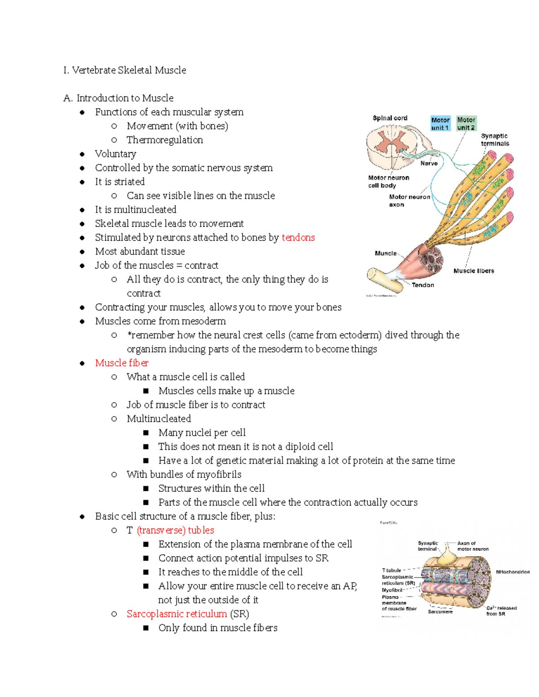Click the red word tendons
click(x=298, y=237)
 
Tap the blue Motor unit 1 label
click(x=440, y=124)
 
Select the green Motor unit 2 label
click(x=466, y=124)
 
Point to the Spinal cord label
click(x=390, y=118)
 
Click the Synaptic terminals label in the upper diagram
click(x=495, y=140)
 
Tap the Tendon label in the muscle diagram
click(x=423, y=285)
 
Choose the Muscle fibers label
click(x=473, y=271)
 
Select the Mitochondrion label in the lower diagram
click(x=512, y=572)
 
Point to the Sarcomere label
click(x=440, y=612)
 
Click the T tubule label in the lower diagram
click(x=391, y=570)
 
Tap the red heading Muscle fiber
click(x=122, y=363)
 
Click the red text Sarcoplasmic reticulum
click(x=177, y=614)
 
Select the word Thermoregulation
click(x=164, y=140)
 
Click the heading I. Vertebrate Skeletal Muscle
click(x=124, y=70)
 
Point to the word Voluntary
click(x=115, y=154)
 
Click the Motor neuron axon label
click(x=409, y=201)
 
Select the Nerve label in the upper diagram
click(x=429, y=163)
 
